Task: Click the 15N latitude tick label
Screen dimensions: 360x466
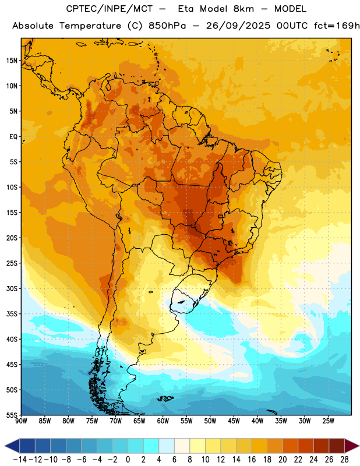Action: pyautogui.click(x=12, y=61)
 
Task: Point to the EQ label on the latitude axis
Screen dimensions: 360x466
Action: pyautogui.click(x=13, y=137)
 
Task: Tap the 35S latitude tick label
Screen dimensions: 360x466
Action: pyautogui.click(x=12, y=314)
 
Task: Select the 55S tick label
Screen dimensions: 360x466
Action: pyautogui.click(x=12, y=415)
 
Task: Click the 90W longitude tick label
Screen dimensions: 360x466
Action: pyautogui.click(x=21, y=421)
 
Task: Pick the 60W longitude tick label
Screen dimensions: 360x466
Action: pyautogui.click(x=163, y=421)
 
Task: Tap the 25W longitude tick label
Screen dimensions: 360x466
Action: pyautogui.click(x=328, y=421)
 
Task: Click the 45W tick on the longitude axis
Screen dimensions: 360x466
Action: pyautogui.click(x=234, y=421)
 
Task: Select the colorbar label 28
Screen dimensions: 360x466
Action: pyautogui.click(x=345, y=460)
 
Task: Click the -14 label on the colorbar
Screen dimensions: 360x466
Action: pyautogui.click(x=20, y=460)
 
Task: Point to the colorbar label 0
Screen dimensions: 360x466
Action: pyautogui.click(x=128, y=460)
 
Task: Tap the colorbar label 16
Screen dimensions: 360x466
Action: pyautogui.click(x=252, y=460)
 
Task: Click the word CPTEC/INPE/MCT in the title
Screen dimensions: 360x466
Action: pyautogui.click(x=110, y=9)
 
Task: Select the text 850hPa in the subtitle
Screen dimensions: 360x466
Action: pyautogui.click(x=167, y=26)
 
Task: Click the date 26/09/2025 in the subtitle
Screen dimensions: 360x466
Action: pyautogui.click(x=238, y=26)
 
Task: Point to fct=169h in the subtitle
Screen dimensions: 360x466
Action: pyautogui.click(x=337, y=26)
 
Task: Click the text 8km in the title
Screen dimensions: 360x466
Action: pyautogui.click(x=243, y=9)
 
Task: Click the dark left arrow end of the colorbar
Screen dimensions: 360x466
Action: pyautogui.click(x=12, y=446)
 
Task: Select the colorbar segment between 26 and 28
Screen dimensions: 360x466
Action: pyautogui.click(x=337, y=446)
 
